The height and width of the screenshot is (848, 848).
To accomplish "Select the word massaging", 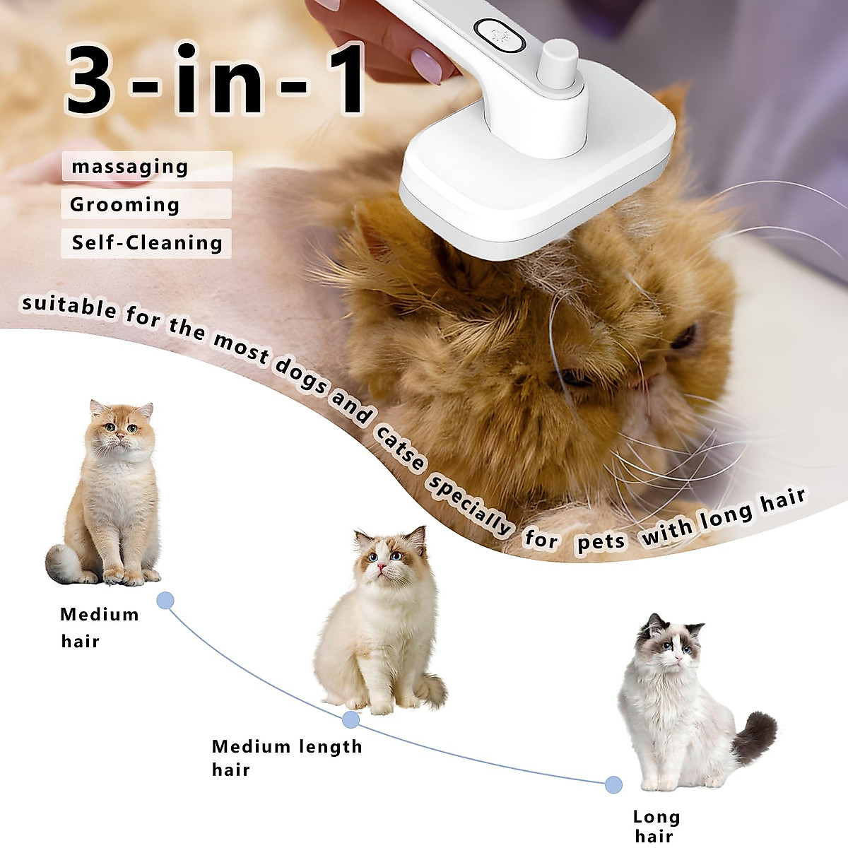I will [131, 167].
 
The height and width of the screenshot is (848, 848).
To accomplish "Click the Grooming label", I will [125, 205].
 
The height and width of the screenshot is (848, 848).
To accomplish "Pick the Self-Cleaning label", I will [147, 243].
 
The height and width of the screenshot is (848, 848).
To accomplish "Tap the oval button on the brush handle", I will [500, 37].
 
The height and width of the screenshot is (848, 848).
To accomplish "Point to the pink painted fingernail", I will [426, 66].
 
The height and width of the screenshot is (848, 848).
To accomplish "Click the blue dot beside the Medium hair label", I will [165, 601].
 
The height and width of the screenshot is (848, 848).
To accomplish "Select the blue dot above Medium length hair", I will [351, 720].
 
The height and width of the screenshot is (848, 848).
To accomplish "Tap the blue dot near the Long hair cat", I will [613, 784].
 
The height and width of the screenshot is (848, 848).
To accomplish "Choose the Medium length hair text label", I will [286, 757].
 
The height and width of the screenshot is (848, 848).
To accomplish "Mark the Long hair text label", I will [656, 826].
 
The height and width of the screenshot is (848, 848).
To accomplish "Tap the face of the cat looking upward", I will [386, 555].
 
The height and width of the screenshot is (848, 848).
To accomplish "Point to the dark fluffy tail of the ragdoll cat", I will [754, 735].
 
